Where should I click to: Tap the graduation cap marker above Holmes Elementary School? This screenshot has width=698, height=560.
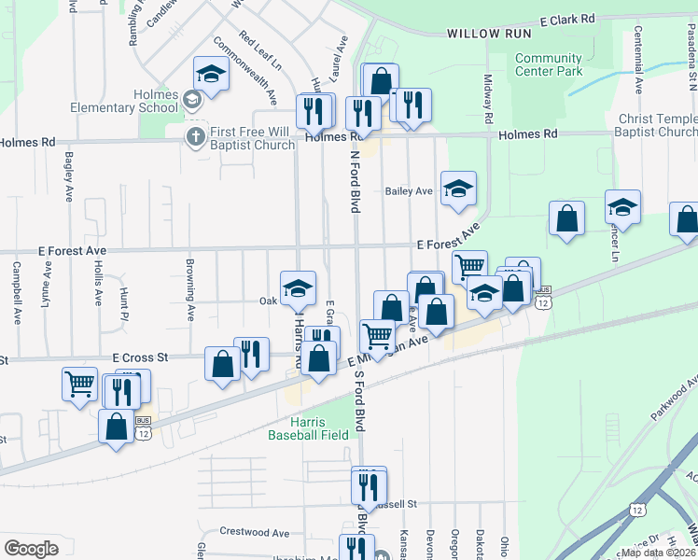pos(211,76)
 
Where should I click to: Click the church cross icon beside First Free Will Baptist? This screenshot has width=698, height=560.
pos(195,137)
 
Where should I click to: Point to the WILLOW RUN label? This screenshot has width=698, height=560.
pos(489,34)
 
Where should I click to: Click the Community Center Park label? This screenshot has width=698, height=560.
pos(549,64)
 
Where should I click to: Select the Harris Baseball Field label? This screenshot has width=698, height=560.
pos(308,428)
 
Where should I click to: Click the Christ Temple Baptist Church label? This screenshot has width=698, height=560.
pos(657,125)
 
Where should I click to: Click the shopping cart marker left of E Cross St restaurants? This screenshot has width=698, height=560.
pos(79,383)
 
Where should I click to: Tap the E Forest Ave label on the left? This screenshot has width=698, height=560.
pos(72,251)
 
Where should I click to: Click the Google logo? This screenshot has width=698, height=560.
pos(32,549)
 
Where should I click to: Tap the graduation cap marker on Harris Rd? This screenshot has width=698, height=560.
pos(299,289)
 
